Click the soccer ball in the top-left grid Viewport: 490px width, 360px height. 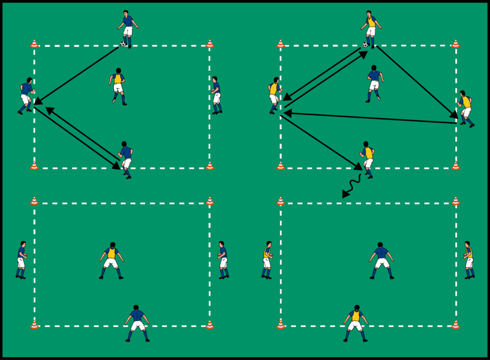pyautogui.click(x=123, y=44)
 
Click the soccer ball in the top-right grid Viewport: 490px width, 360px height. pyautogui.click(x=365, y=44)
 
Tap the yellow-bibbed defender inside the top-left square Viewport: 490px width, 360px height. pyautogui.click(x=118, y=85)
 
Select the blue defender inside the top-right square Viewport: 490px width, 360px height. pyautogui.click(x=375, y=83)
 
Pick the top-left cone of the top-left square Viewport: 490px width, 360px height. pyautogui.click(x=34, y=44)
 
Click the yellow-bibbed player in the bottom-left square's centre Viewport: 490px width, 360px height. pyautogui.click(x=112, y=260)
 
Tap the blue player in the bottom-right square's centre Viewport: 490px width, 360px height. pyautogui.click(x=381, y=260)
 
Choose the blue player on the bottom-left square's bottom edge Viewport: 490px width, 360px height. pyautogui.click(x=137, y=323)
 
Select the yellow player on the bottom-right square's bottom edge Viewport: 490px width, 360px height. pyautogui.click(x=356, y=323)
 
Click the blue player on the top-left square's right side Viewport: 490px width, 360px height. pyautogui.click(x=216, y=95)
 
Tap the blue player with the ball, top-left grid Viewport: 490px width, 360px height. pyautogui.click(x=128, y=28)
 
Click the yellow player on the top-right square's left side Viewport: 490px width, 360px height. pyautogui.click(x=275, y=95)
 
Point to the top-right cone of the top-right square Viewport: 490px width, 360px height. pyautogui.click(x=455, y=44)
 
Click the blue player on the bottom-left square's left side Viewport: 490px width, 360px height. pyautogui.click(x=22, y=260)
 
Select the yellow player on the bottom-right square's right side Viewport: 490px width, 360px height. pyautogui.click(x=468, y=260)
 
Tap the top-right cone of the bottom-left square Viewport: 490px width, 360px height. pyautogui.click(x=210, y=201)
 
